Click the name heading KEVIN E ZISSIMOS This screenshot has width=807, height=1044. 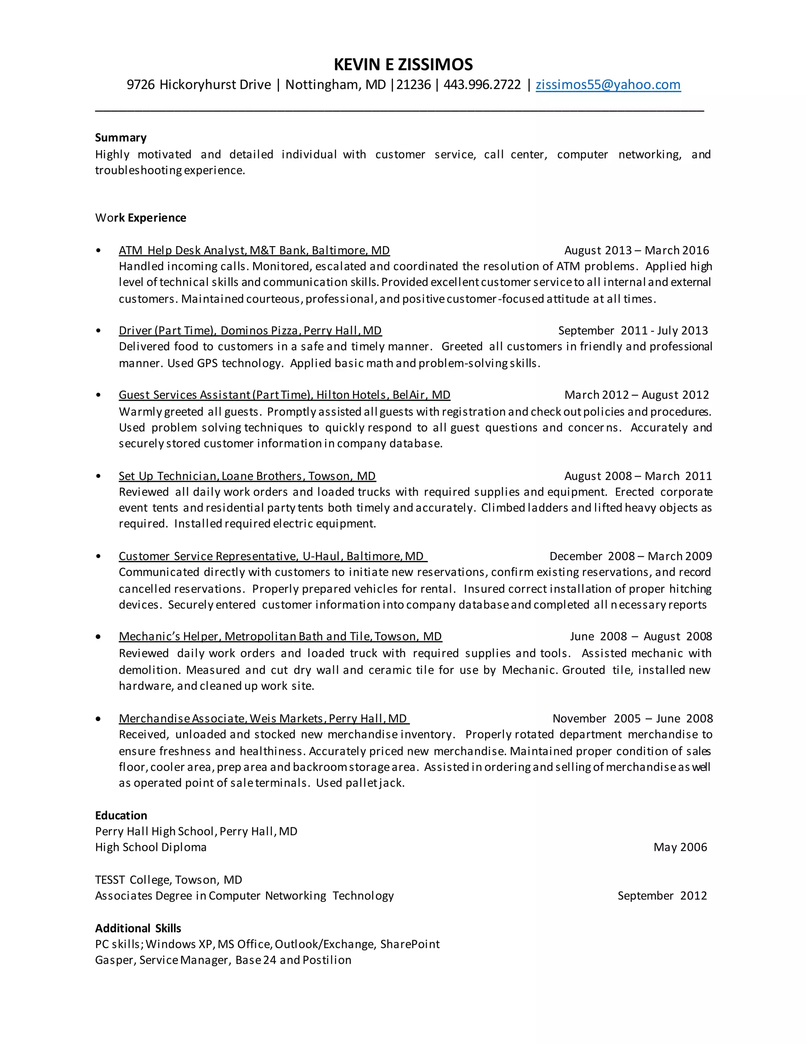coord(403,65)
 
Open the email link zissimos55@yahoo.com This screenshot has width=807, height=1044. coord(608,85)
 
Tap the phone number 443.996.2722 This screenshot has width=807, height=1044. coord(482,85)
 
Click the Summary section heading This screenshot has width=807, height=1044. coord(121,137)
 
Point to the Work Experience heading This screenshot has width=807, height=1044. coord(141,218)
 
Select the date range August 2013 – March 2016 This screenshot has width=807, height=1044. coord(636,251)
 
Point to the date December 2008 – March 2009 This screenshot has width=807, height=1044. coord(630,556)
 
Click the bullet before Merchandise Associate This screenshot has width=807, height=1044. coord(99,719)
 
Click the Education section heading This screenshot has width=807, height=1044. coord(121,816)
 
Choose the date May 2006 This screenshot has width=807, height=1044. coord(680,847)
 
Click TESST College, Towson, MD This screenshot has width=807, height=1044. coord(169,880)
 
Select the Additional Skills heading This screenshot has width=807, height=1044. coord(138,928)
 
